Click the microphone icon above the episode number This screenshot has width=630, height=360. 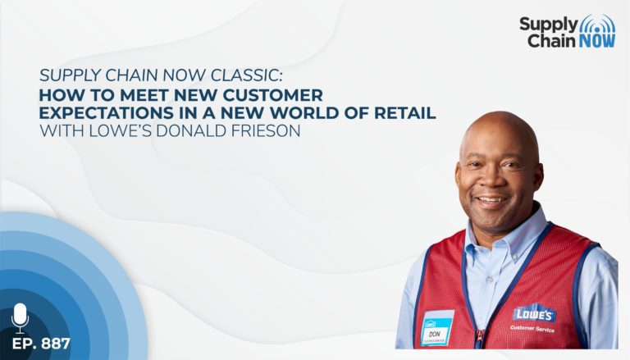pyautogui.click(x=20, y=318)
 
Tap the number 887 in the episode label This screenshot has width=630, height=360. pyautogui.click(x=56, y=344)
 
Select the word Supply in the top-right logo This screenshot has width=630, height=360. pyautogui.click(x=548, y=25)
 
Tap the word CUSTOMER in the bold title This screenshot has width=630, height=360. pyautogui.click(x=273, y=95)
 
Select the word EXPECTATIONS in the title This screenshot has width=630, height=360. pyautogui.click(x=107, y=113)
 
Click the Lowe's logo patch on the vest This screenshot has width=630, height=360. pyautogui.click(x=534, y=313)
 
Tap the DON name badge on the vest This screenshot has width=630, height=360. pyautogui.click(x=436, y=328)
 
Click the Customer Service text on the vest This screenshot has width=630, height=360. pyautogui.click(x=532, y=329)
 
